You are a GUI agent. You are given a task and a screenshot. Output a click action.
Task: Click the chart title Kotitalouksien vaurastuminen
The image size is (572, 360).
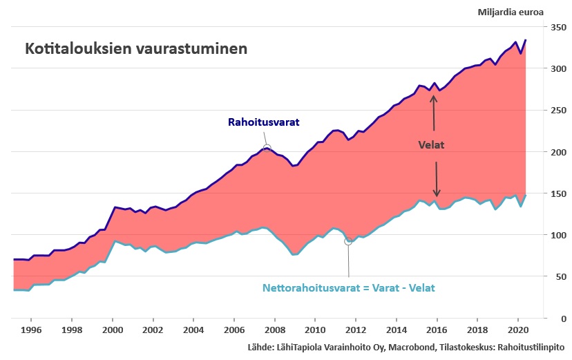[x=136, y=50]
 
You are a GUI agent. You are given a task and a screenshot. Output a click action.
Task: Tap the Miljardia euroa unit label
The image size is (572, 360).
[x=511, y=12]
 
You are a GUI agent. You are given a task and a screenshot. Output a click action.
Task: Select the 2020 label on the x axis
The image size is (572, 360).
[x=518, y=330]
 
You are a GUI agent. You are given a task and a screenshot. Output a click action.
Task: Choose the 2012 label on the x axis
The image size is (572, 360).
[x=356, y=330]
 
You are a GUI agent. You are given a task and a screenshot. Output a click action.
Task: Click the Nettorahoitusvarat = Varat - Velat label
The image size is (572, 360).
[x=349, y=287]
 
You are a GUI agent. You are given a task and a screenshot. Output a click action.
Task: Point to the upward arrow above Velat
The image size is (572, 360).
[x=434, y=111]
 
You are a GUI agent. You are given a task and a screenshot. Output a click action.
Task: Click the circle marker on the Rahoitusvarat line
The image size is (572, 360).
[x=267, y=148]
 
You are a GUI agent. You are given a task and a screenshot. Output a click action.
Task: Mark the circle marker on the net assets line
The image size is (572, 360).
[x=348, y=241]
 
